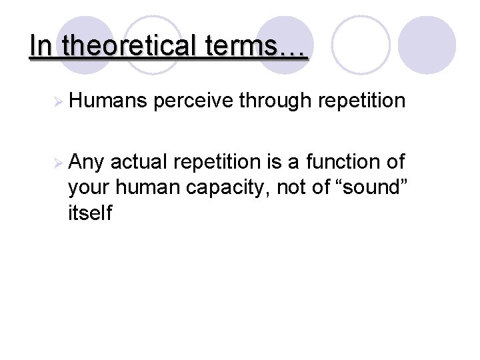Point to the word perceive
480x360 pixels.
tap(195, 102)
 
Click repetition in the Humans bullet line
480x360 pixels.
tap(362, 102)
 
